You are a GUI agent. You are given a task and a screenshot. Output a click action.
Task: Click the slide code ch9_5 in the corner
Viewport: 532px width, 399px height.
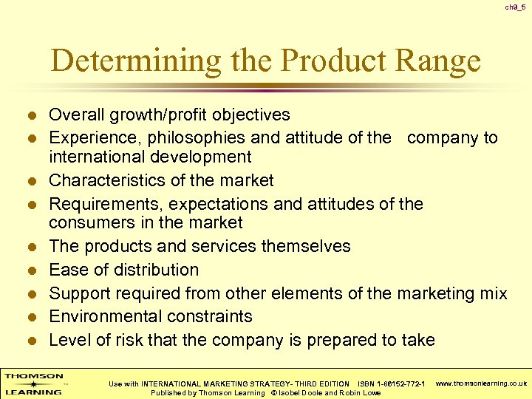tap(515, 7)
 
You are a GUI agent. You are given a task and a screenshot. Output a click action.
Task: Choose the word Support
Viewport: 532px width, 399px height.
tap(77, 293)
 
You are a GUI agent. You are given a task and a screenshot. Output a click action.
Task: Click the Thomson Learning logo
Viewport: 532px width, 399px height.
tap(33, 383)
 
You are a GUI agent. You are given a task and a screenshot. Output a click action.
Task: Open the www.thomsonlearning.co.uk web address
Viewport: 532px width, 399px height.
tap(481, 383)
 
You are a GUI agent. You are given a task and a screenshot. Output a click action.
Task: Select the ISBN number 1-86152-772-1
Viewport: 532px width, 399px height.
tap(401, 383)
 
